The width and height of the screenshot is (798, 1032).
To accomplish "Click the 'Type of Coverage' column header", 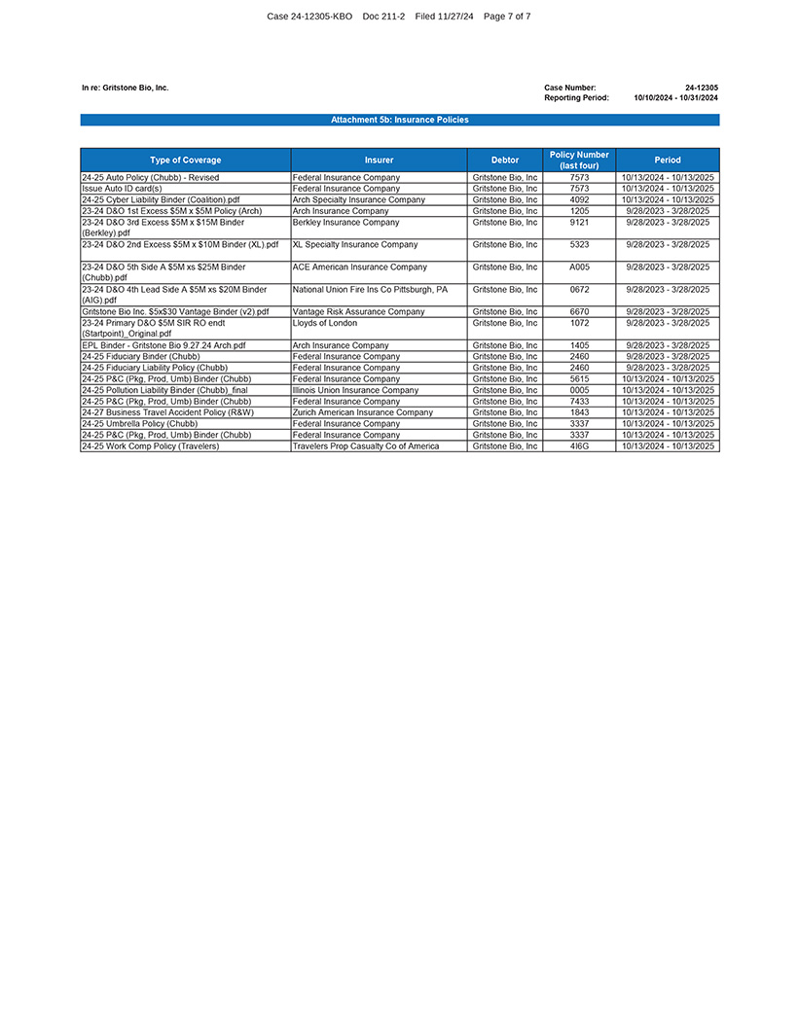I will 185,160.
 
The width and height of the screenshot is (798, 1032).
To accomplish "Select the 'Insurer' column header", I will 379,160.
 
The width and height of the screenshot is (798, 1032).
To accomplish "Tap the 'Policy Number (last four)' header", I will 579,160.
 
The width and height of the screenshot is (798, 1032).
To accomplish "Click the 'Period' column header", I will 668,160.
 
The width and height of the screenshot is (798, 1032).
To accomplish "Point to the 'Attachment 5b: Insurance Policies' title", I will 399,120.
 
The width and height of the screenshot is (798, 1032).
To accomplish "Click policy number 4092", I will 579,199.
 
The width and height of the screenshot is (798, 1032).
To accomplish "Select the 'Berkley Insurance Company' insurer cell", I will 345,223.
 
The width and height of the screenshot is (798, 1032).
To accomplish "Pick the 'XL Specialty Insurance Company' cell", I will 355,245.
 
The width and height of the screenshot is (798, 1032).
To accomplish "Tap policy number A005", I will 579,267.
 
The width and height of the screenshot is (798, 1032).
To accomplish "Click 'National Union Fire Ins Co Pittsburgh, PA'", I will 370,290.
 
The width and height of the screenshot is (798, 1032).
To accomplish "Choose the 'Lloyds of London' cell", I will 325,323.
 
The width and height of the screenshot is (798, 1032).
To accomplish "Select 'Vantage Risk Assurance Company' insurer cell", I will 358,312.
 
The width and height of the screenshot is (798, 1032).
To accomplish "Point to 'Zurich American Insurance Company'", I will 362,412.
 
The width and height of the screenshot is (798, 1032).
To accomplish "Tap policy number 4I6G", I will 579,446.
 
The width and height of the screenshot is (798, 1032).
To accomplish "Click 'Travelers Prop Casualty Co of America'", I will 365,446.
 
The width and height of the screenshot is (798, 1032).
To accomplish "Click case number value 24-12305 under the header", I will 701,88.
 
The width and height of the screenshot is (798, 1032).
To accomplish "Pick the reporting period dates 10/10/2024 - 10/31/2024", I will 675,98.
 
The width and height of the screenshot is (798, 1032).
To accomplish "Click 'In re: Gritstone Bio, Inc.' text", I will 125,88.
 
